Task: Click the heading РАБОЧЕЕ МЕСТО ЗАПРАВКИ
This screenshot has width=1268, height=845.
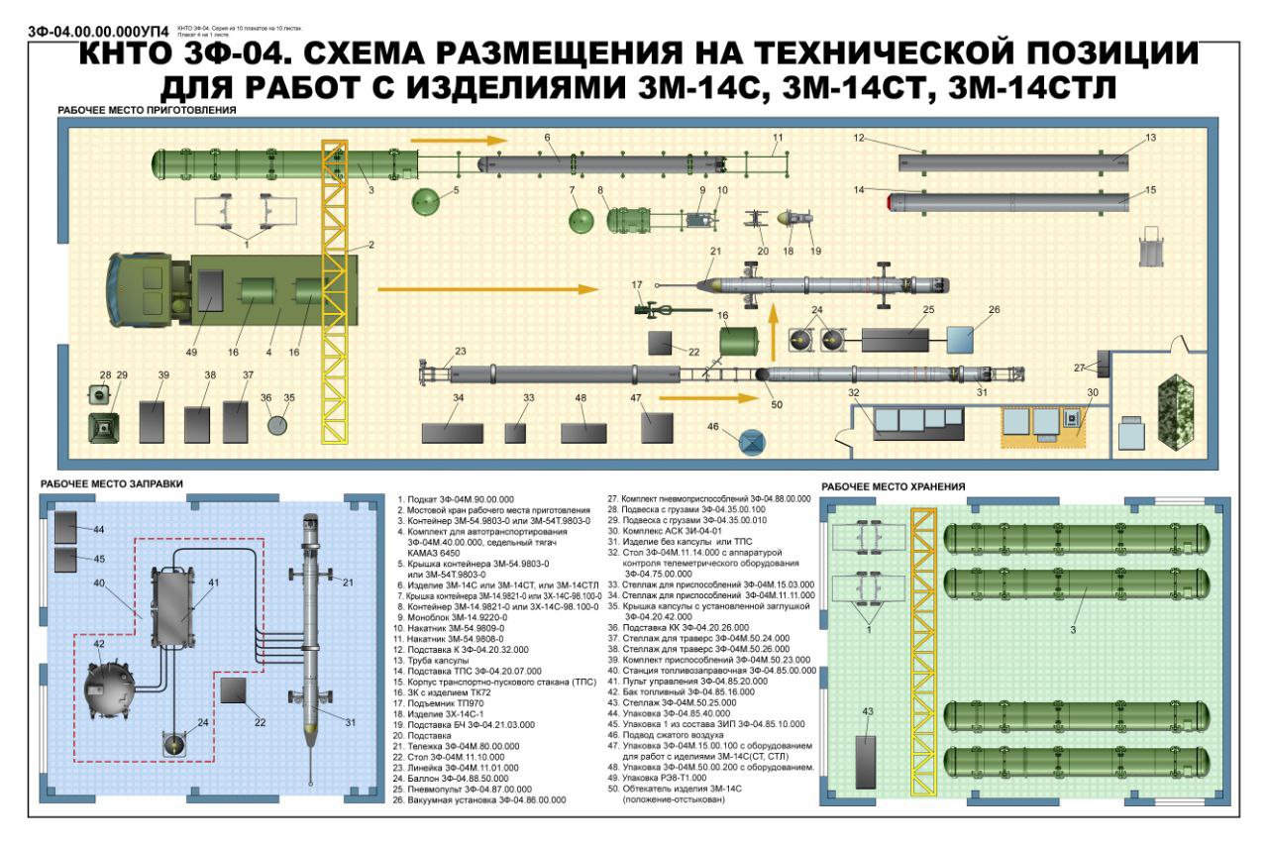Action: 111,484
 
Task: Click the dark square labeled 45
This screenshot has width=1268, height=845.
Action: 68,560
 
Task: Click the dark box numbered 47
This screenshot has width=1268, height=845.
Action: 657,427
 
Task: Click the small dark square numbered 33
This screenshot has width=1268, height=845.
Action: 515,433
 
